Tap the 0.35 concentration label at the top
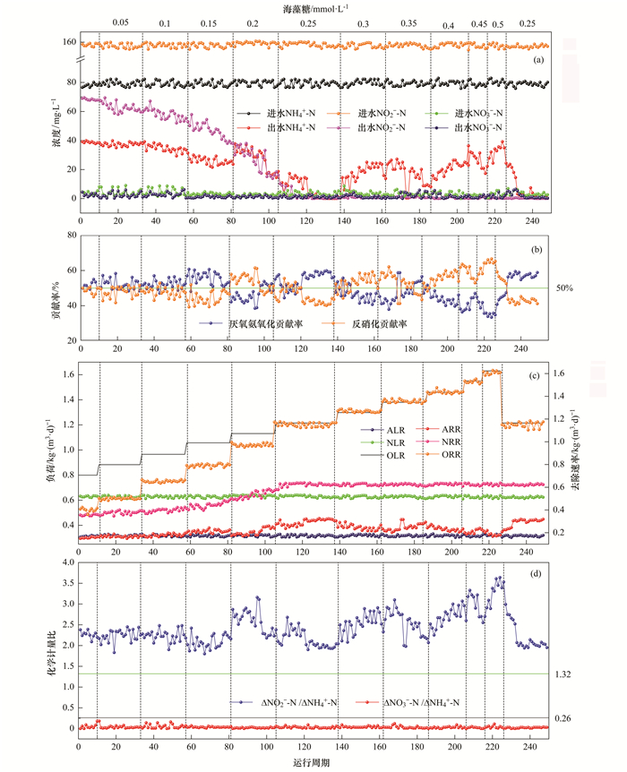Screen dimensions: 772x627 click(x=408, y=22)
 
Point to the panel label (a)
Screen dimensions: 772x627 click(x=537, y=59)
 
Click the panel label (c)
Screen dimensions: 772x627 click(x=537, y=374)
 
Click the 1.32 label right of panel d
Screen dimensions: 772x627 click(x=563, y=673)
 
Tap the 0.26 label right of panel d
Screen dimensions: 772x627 click(x=563, y=719)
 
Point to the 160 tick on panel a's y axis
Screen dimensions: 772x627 click(x=69, y=43)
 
